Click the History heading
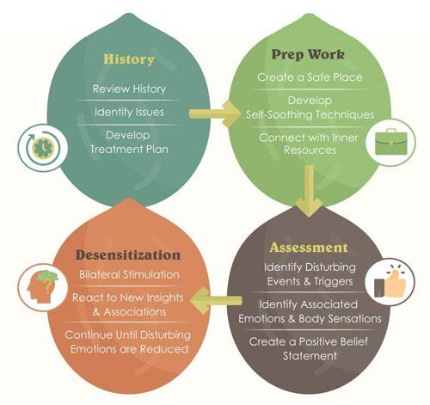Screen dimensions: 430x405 [129, 59]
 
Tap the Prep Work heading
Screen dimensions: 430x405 [308, 54]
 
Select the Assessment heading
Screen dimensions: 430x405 [309, 248]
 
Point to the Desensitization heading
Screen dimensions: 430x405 [128, 255]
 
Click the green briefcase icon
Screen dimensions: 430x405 [390, 142]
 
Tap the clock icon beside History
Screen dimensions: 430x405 [43, 148]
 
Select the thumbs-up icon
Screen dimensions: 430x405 [390, 284]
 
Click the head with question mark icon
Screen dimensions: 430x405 [43, 287]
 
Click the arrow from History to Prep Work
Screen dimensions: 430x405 [214, 114]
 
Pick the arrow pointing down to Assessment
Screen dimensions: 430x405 [309, 191]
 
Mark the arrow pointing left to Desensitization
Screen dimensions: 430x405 [216, 300]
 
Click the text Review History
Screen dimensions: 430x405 [129, 89]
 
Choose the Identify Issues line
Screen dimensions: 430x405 [129, 112]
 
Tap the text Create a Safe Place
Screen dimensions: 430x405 [310, 77]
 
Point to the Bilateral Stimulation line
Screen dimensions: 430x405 [129, 274]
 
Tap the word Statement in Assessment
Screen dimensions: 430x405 [310, 356]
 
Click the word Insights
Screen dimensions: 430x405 [165, 298]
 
